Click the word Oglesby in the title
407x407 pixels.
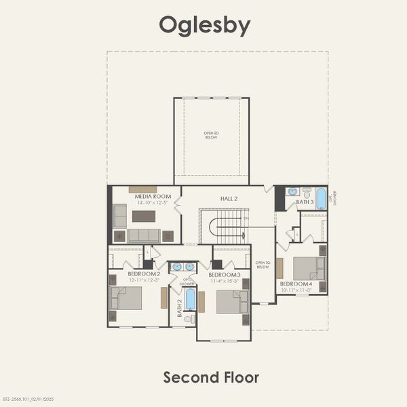(x=204, y=24)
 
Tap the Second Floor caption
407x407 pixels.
(x=211, y=377)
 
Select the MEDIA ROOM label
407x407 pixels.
(x=153, y=196)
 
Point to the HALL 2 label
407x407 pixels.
(x=229, y=197)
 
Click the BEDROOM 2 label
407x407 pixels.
(x=143, y=273)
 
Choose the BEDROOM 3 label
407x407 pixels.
(x=225, y=275)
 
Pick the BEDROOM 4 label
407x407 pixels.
(x=295, y=284)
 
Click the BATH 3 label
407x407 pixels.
(x=305, y=202)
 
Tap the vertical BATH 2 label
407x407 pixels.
(x=180, y=309)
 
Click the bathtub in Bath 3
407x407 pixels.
(x=321, y=199)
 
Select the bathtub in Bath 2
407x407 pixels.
(x=190, y=298)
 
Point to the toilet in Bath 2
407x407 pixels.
(x=189, y=318)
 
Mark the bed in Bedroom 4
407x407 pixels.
(x=309, y=269)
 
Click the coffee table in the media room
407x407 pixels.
(x=144, y=216)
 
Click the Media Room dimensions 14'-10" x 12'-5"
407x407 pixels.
(x=153, y=202)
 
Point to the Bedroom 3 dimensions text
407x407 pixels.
(x=225, y=280)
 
